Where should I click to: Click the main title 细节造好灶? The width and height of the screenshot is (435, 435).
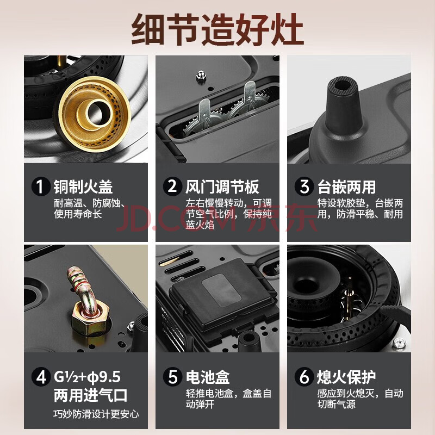coord(217,30)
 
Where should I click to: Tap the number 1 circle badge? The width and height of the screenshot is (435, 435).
coord(41,187)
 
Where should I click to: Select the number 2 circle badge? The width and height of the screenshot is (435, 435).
coord(172,187)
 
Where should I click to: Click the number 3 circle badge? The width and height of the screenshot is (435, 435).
coord(304,187)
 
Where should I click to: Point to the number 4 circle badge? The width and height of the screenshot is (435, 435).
coord(41,377)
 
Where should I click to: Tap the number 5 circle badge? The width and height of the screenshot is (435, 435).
coord(172,377)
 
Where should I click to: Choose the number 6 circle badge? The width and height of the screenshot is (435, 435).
coord(304,377)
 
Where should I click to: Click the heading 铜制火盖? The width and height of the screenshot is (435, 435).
coord(83,187)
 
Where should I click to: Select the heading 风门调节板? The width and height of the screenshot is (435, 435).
coord(222,187)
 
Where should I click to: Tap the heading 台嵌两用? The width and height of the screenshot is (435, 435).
coord(347,187)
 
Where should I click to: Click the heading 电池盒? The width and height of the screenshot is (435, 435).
coord(208,377)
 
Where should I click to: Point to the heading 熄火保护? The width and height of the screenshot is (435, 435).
coord(346,377)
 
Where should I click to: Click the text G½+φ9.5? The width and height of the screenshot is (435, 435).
coord(87,377)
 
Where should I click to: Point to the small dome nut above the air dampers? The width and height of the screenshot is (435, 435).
coord(201,76)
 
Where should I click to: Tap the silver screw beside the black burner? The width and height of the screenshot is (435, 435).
coord(400,343)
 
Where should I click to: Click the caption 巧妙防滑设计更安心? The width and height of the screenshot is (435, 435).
coord(96,414)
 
